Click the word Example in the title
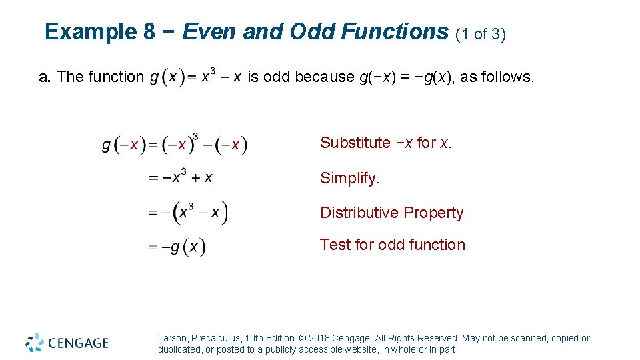pyautogui.click(x=90, y=32)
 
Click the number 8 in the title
pyautogui.click(x=149, y=32)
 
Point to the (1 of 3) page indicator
pyautogui.click(x=481, y=34)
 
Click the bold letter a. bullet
pyautogui.click(x=45, y=77)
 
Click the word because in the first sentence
pyautogui.click(x=325, y=77)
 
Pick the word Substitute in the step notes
pyautogui.click(x=355, y=143)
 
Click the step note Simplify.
pyautogui.click(x=350, y=178)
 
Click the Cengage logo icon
pyautogui.click(x=35, y=343)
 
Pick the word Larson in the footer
pyautogui.click(x=173, y=338)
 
